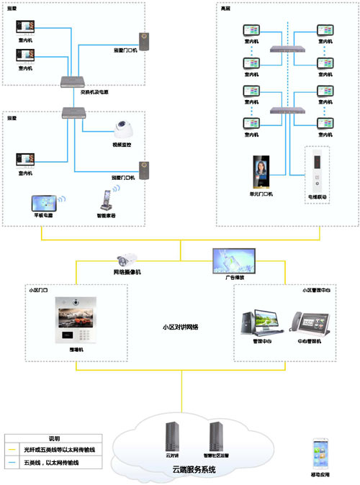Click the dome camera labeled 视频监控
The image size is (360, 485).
(123, 129)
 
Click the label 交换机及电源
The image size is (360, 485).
(94, 93)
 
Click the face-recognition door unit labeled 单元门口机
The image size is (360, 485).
(260, 171)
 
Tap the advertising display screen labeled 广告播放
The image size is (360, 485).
(232, 258)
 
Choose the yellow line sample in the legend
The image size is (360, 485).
(14, 448)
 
